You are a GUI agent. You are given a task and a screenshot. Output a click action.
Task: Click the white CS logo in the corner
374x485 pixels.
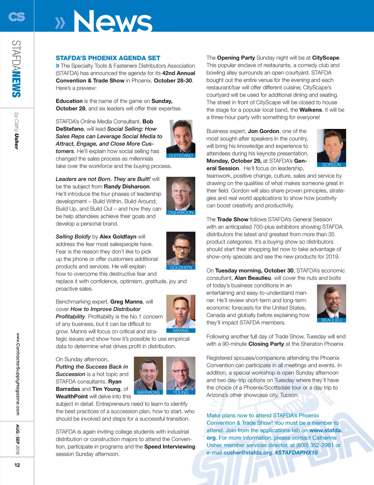tap(17, 16)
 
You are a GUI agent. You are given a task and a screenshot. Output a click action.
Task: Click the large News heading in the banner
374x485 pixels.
tap(112, 21)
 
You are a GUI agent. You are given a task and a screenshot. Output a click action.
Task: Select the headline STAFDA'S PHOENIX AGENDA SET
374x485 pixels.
tap(108, 58)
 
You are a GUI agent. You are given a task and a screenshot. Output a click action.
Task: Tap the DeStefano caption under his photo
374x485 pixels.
tap(181, 156)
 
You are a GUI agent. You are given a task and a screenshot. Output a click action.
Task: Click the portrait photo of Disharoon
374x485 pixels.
tap(181, 194)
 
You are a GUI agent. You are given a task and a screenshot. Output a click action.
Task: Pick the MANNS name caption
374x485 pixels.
tap(181, 331)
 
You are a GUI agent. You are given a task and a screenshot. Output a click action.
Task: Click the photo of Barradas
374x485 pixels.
tap(148, 373)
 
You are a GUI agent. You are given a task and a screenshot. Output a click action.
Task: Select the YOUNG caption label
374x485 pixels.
tap(181, 393)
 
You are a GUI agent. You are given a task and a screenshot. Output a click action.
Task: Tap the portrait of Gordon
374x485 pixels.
tap(331, 145)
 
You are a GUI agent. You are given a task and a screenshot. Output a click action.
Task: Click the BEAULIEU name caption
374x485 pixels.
tap(331, 320)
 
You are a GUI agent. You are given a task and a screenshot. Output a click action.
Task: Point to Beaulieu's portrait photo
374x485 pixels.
tap(331, 301)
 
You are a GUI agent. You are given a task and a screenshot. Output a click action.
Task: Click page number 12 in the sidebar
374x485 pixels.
tap(17, 465)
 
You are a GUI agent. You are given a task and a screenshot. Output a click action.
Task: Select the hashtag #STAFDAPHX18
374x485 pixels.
tap(296, 453)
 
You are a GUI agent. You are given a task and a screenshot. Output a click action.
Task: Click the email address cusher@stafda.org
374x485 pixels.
tap(248, 453)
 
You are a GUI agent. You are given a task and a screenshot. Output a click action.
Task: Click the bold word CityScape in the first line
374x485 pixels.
tap(326, 58)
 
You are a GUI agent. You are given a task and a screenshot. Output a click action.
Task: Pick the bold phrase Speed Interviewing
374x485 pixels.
tap(170, 447)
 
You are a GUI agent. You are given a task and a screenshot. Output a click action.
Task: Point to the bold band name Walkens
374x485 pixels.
tap(311, 110)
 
